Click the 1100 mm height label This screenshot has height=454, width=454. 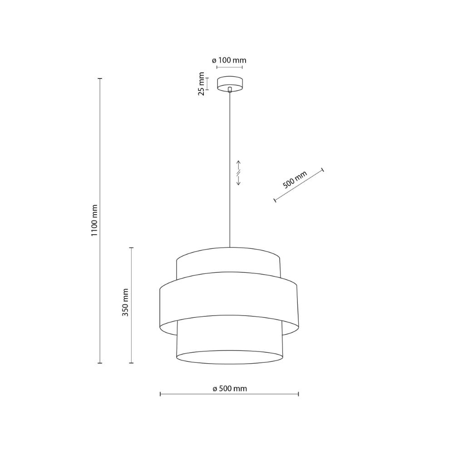pyautogui.click(x=94, y=220)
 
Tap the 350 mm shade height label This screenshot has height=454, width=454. pyautogui.click(x=125, y=302)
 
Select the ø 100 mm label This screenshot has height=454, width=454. pyautogui.click(x=229, y=60)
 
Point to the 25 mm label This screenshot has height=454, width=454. pyautogui.click(x=201, y=84)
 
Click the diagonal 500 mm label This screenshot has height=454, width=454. pyautogui.click(x=295, y=180)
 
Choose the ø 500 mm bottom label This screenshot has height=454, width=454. pyautogui.click(x=230, y=388)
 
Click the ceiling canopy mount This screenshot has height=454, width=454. pyautogui.click(x=230, y=84)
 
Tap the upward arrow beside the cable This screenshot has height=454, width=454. pyautogui.click(x=239, y=165)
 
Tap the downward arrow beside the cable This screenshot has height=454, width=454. pyautogui.click(x=239, y=180)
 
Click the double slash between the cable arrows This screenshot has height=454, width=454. pyautogui.click(x=239, y=173)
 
